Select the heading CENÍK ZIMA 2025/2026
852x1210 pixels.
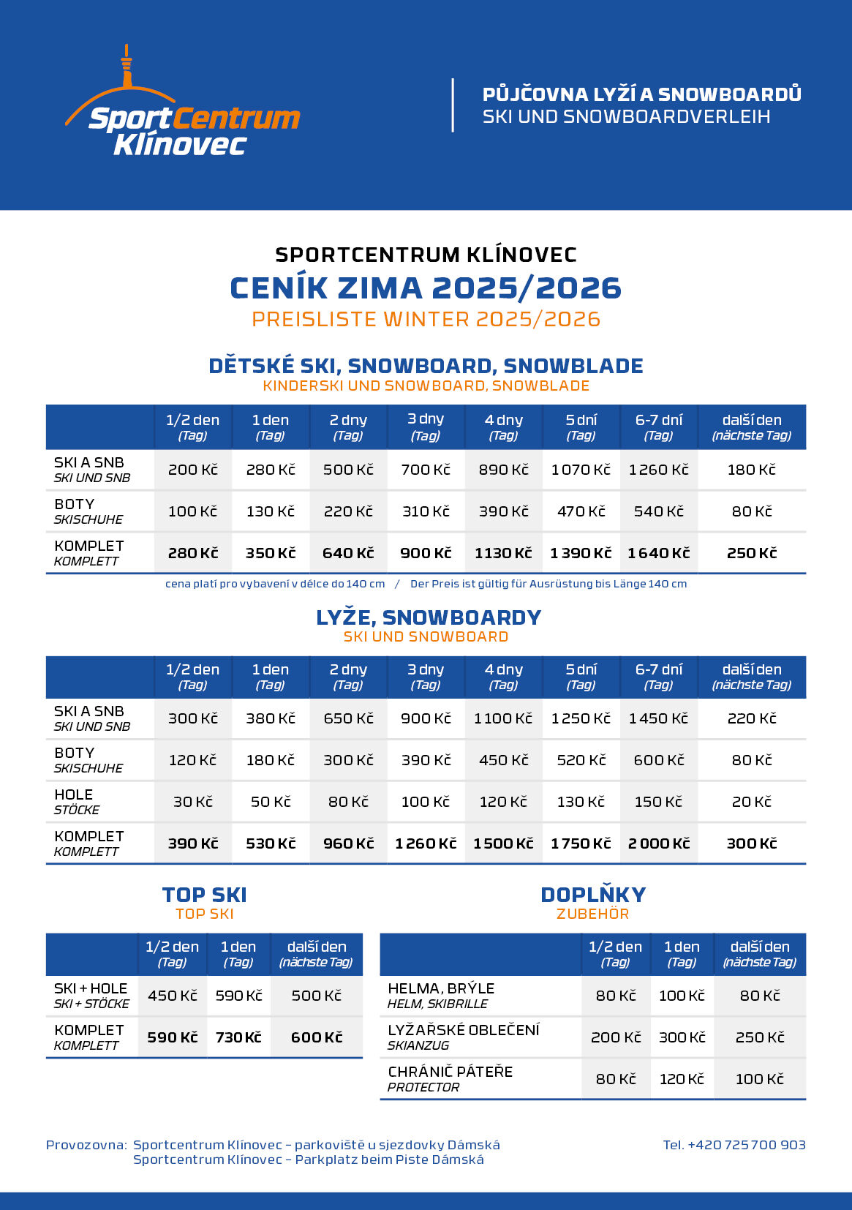[426, 288]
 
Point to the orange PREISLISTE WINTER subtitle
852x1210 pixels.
[426, 320]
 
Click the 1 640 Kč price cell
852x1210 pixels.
[658, 553]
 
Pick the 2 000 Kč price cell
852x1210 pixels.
[658, 843]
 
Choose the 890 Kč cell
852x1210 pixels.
[503, 470]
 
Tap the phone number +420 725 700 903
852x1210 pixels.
[734, 1145]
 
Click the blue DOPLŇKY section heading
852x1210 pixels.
[593, 895]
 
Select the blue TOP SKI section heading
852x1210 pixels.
[204, 895]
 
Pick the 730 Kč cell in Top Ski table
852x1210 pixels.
[238, 1037]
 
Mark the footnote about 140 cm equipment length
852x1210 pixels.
[426, 584]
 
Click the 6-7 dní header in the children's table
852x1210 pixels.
[658, 426]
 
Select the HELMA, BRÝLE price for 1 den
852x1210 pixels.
[682, 996]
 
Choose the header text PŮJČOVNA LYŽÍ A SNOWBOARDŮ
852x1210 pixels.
[641, 94]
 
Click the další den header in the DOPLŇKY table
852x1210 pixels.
[759, 954]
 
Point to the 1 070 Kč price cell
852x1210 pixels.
[581, 470]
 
